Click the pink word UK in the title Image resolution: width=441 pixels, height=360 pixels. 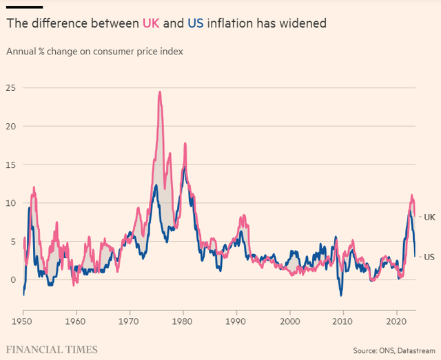150,23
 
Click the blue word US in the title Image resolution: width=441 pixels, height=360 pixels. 194,23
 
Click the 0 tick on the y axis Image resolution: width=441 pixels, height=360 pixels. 13,279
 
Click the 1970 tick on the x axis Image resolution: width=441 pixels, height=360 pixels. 129,321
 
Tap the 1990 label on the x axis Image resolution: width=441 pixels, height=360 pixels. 236,321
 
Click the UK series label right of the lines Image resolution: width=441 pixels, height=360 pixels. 429,218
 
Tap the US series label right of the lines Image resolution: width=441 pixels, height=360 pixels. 429,256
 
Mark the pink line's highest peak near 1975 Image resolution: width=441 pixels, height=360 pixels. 160,92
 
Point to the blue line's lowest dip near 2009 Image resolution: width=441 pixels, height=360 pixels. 340,295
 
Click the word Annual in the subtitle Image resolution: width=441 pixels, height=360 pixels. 22,52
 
